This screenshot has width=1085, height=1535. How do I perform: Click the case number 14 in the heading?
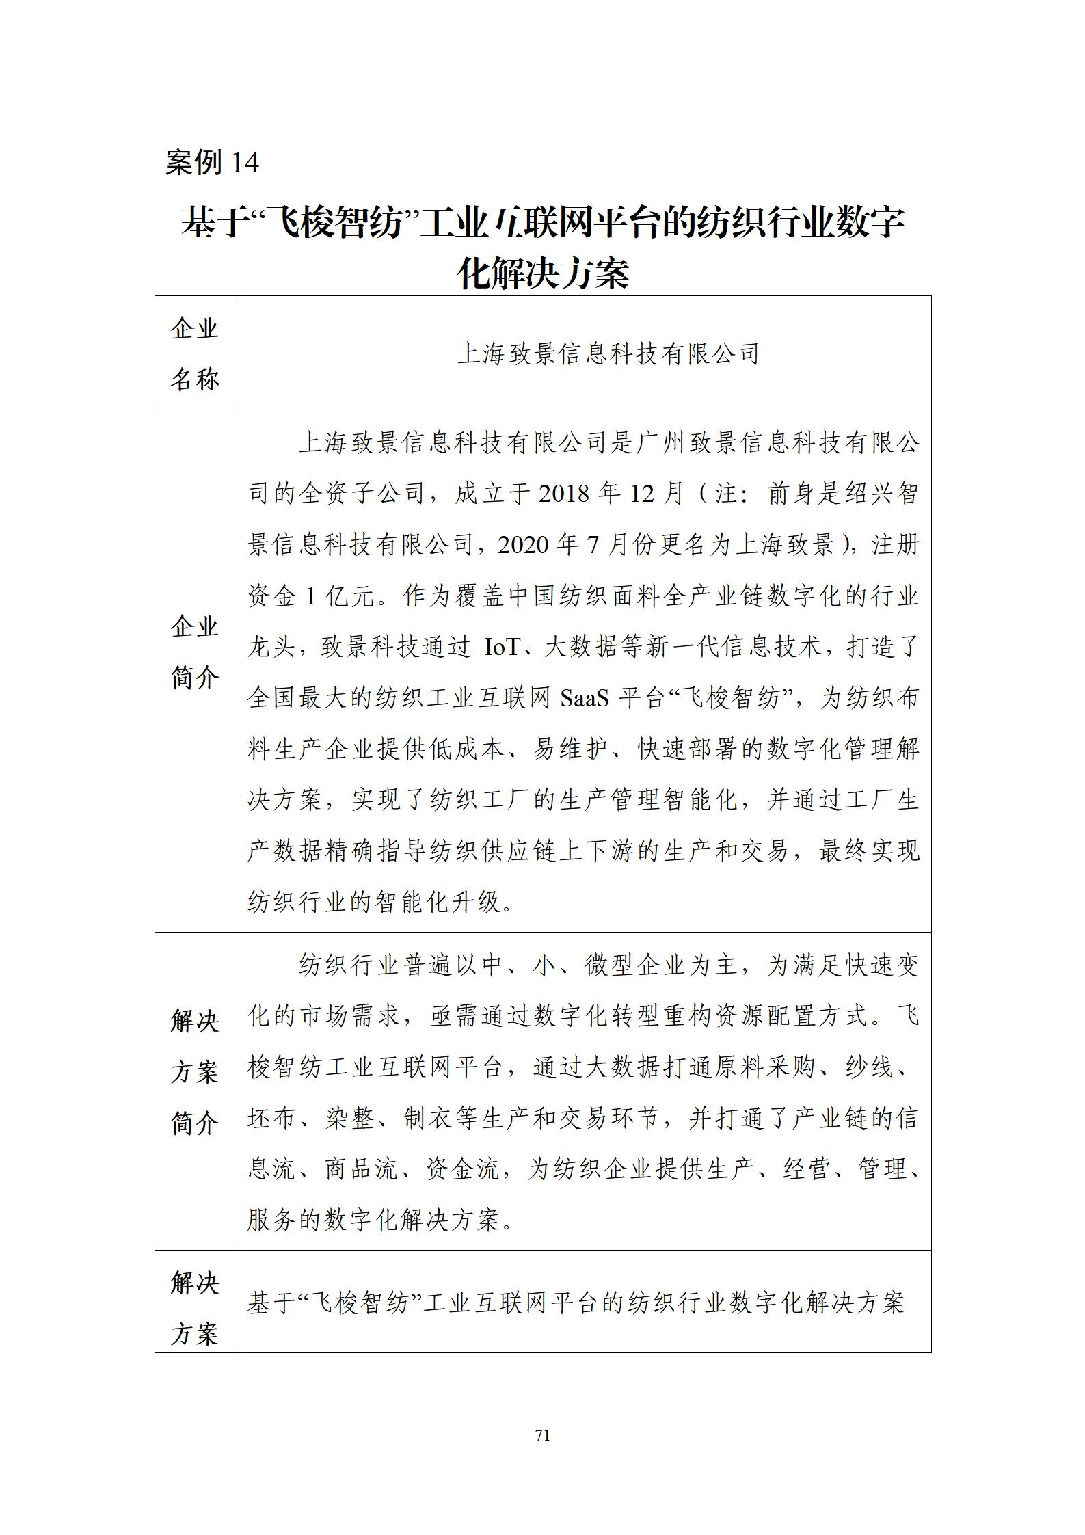click(x=245, y=163)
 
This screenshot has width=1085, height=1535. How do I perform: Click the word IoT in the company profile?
click(x=503, y=647)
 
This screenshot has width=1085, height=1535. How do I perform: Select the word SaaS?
click(x=584, y=698)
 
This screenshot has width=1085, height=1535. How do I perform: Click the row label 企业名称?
click(x=195, y=353)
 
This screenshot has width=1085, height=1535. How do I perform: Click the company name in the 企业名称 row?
click(x=608, y=354)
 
